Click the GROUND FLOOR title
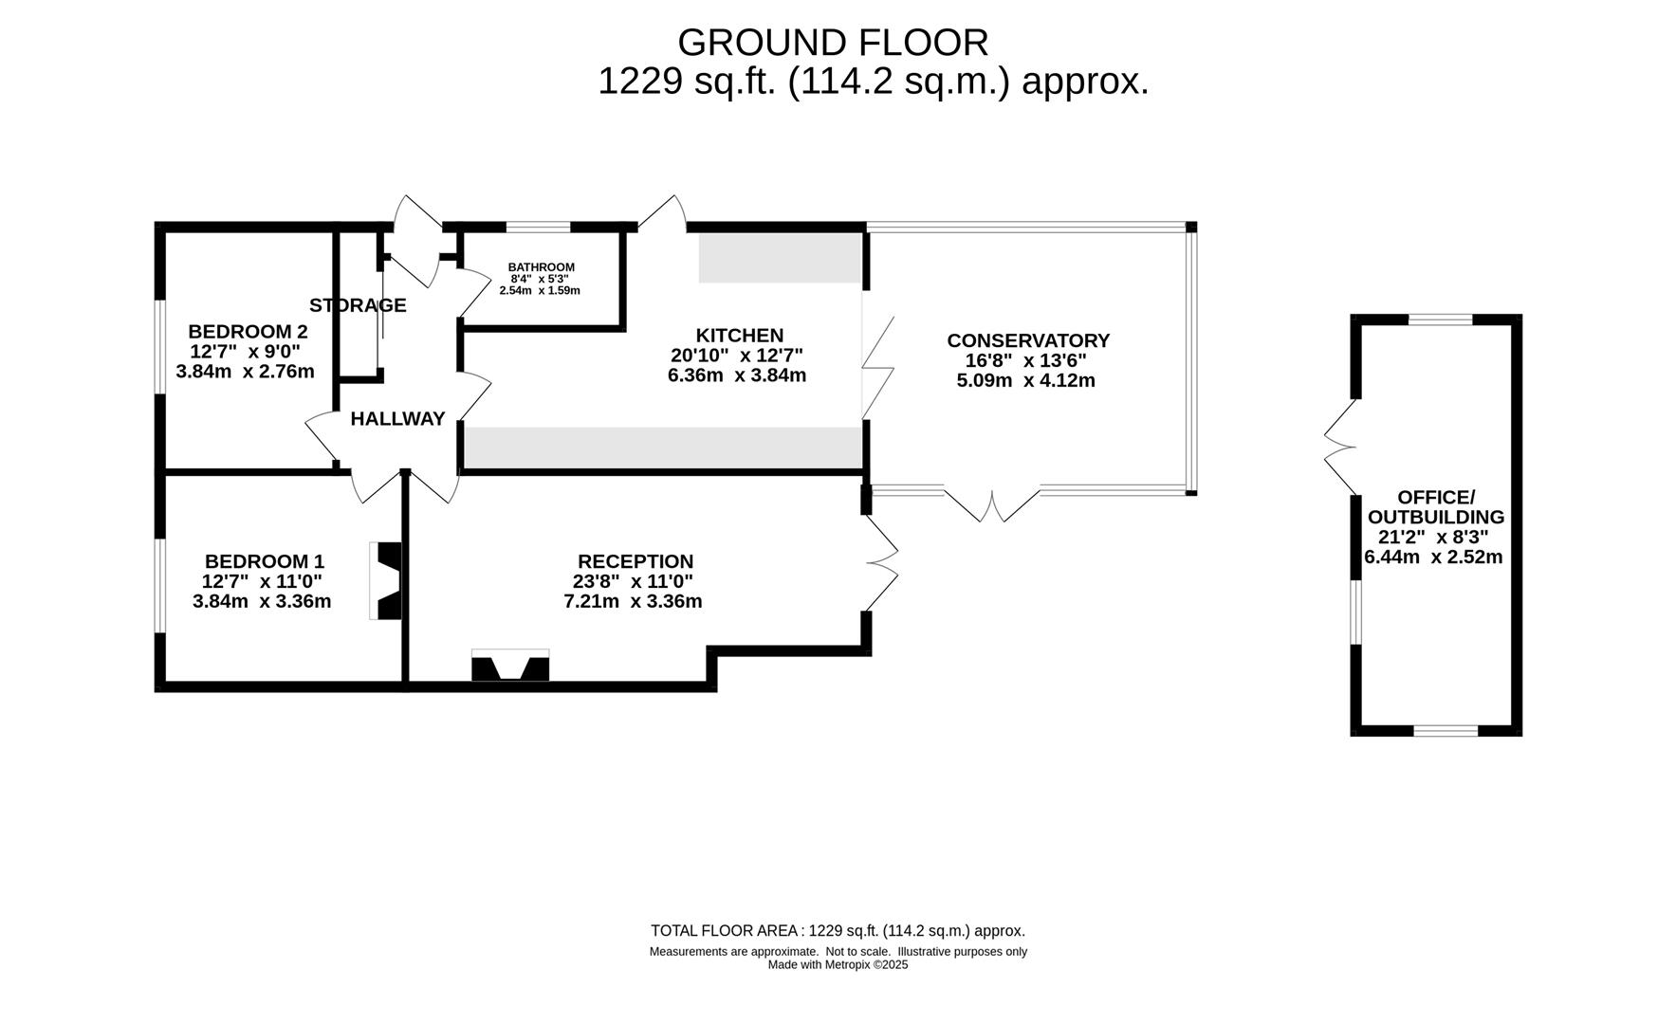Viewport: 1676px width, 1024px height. click(833, 43)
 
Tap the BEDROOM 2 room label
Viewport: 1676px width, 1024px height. click(248, 332)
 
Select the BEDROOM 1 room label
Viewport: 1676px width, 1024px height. click(265, 561)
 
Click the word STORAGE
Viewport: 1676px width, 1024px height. click(358, 305)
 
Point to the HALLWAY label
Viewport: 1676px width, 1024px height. click(397, 419)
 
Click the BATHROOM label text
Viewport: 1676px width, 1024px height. click(542, 267)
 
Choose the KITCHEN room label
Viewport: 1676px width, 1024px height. click(740, 336)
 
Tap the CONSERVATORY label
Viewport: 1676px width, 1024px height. click(1028, 340)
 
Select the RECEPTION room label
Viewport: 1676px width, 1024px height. click(635, 561)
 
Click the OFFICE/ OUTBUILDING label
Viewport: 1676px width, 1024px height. click(1436, 507)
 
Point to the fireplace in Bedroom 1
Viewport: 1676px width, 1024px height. click(386, 581)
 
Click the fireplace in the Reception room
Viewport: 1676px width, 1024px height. click(510, 665)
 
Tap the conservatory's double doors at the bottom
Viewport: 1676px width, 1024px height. click(992, 504)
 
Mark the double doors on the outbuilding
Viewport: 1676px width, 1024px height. click(1341, 447)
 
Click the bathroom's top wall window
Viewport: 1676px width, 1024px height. click(538, 228)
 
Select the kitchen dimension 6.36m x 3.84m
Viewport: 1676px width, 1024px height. click(737, 375)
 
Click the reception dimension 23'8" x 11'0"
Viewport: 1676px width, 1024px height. click(632, 581)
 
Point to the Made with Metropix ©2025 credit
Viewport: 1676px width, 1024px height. click(838, 965)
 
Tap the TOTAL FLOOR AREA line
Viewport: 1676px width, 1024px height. click(838, 931)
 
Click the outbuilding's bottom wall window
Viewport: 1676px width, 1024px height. click(1446, 730)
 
